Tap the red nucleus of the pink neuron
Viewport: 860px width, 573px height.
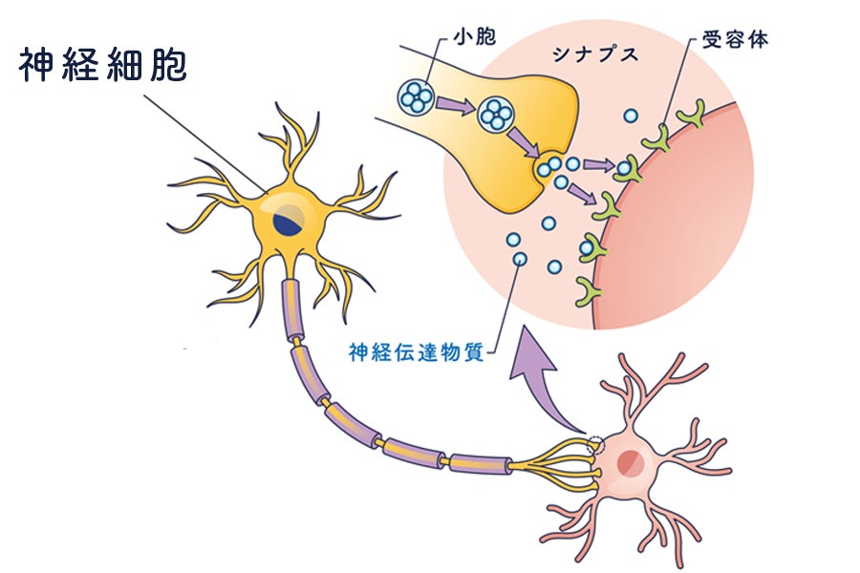631,463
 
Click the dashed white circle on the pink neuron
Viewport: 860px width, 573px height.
595,444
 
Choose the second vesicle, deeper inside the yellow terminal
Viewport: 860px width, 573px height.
496,116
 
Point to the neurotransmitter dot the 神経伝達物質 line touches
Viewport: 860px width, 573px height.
519,258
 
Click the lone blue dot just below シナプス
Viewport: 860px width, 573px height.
630,117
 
